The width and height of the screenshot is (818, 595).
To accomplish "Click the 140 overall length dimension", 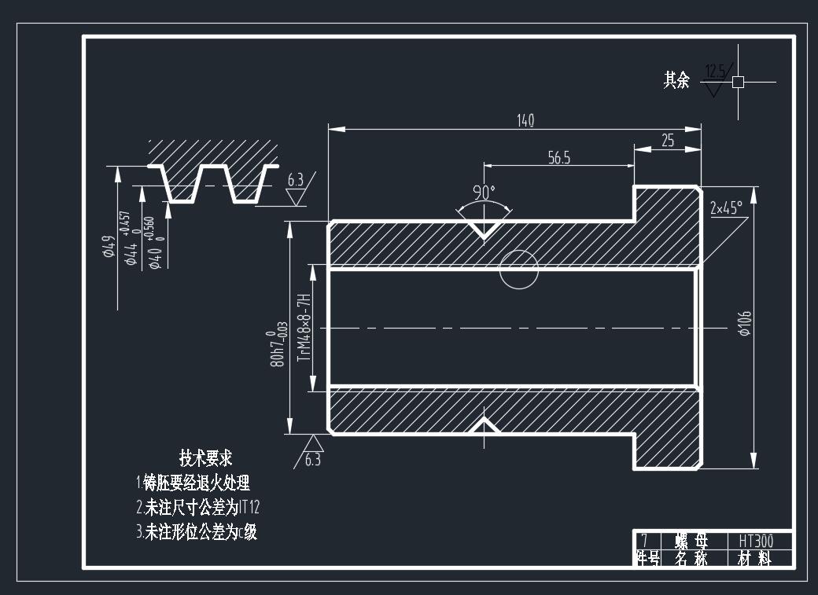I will pyautogui.click(x=525, y=120).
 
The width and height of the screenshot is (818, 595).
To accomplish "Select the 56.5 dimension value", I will pyautogui.click(x=558, y=158).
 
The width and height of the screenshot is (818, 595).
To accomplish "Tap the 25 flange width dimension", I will pyautogui.click(x=668, y=141).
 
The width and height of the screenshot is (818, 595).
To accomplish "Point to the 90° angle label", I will pyautogui.click(x=484, y=192).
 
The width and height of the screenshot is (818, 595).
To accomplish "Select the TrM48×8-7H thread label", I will pyautogui.click(x=303, y=327).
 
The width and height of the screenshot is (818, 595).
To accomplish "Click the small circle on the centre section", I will pyautogui.click(x=519, y=270).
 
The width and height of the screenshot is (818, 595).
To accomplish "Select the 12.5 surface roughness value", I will pyautogui.click(x=715, y=71).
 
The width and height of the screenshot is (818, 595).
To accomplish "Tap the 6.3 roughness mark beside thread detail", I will pyautogui.click(x=295, y=180).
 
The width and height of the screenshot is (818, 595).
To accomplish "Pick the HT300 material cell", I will pyautogui.click(x=755, y=541).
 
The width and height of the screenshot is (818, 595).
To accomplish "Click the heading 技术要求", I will pyautogui.click(x=206, y=457).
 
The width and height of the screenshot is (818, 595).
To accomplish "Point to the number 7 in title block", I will pyautogui.click(x=644, y=541).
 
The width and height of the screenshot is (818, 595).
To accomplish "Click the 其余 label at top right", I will pyautogui.click(x=676, y=79).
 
